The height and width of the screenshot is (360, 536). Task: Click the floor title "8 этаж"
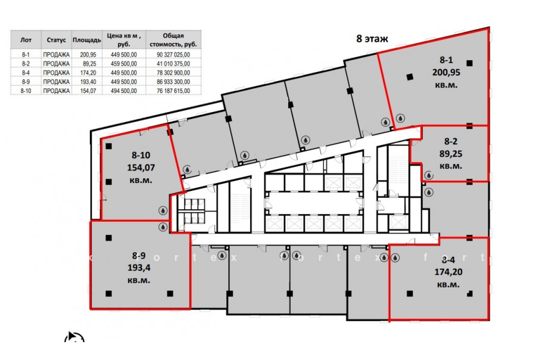point(372,39)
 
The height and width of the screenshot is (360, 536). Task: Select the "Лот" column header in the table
point(26,40)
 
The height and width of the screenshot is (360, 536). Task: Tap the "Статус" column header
point(57,40)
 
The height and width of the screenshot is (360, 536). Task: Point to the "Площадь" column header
point(87,41)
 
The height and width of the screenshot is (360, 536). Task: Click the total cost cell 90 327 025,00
point(173,55)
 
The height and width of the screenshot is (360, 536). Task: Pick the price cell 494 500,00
point(124,91)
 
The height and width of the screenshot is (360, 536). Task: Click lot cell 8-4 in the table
point(26,73)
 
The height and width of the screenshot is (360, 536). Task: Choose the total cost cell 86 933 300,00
point(173,82)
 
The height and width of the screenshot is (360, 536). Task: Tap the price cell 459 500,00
point(124,64)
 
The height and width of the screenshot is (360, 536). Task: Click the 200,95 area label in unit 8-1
point(446,73)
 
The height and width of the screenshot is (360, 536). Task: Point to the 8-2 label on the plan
point(451,141)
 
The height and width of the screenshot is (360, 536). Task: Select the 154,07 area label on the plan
point(141,167)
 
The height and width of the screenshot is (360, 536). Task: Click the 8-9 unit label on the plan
point(139,255)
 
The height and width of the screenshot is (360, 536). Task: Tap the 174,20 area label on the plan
point(448,272)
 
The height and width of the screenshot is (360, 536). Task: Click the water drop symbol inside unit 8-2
point(428,176)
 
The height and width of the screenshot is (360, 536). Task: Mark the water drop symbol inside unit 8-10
point(163,210)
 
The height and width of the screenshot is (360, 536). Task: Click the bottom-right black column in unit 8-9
point(170,294)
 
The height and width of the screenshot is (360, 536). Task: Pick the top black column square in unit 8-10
point(109,147)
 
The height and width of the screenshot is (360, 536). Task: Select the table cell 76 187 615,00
point(173,91)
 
